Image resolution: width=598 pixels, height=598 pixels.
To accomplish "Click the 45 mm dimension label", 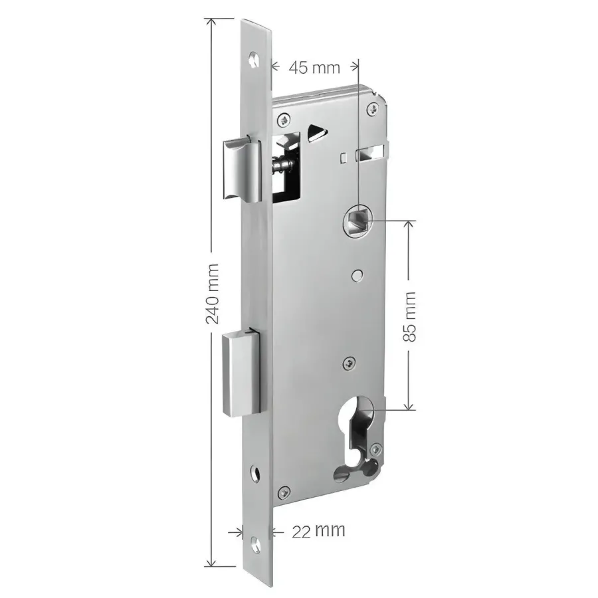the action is (314, 68).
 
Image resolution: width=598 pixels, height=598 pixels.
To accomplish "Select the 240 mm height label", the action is (212, 294).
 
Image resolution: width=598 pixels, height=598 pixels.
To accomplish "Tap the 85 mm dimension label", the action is (409, 316).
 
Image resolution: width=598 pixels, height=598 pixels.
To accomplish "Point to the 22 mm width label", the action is (318, 530).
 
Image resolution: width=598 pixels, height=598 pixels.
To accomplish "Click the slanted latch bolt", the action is (241, 169).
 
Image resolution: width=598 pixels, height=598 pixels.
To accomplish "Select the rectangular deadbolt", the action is (243, 373).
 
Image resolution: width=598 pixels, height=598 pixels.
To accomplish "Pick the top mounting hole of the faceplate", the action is (254, 60).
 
